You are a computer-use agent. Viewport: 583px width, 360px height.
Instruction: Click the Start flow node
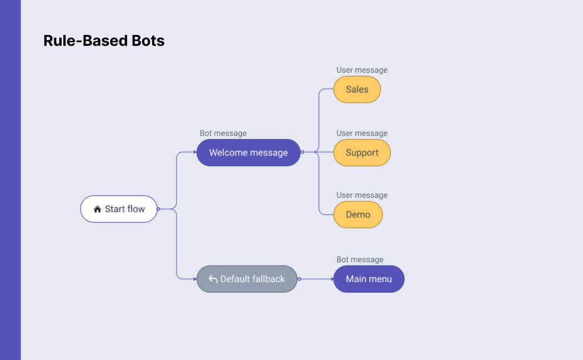click(x=119, y=209)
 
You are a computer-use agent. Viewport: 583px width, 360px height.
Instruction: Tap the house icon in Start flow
click(x=97, y=209)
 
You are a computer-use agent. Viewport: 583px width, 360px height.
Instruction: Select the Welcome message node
click(x=248, y=153)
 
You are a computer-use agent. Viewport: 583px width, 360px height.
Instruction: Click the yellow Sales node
click(x=356, y=89)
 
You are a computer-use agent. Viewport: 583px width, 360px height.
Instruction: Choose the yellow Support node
click(x=361, y=153)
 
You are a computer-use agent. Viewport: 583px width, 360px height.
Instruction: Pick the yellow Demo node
click(x=358, y=214)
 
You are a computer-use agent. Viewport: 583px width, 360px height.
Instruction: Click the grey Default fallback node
click(x=247, y=279)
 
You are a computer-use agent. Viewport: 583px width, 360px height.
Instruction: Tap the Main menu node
click(x=369, y=279)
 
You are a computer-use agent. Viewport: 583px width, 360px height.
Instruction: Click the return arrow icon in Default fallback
click(x=213, y=279)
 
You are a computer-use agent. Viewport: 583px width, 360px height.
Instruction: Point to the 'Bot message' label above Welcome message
click(x=223, y=133)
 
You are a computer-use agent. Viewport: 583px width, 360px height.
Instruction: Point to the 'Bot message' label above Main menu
click(x=360, y=259)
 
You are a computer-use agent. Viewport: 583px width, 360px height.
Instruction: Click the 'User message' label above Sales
click(x=361, y=70)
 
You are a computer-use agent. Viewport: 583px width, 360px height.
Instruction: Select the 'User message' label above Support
click(x=361, y=133)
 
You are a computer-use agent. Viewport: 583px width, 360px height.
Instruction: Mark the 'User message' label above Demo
click(x=361, y=195)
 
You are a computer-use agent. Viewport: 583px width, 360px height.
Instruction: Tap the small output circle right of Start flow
click(x=158, y=209)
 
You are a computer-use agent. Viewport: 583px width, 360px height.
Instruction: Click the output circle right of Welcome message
click(x=302, y=152)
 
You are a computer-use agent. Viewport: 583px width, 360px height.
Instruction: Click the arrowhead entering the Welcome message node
click(x=195, y=152)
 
